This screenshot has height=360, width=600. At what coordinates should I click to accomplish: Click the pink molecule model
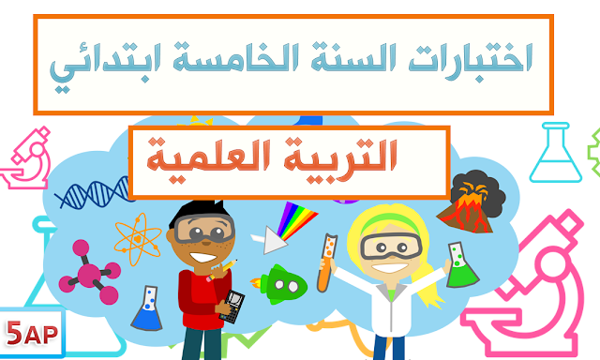click(90, 272)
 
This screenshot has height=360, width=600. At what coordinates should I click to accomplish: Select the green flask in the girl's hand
click(457, 268)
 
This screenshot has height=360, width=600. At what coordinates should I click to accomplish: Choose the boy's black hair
click(196, 212)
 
